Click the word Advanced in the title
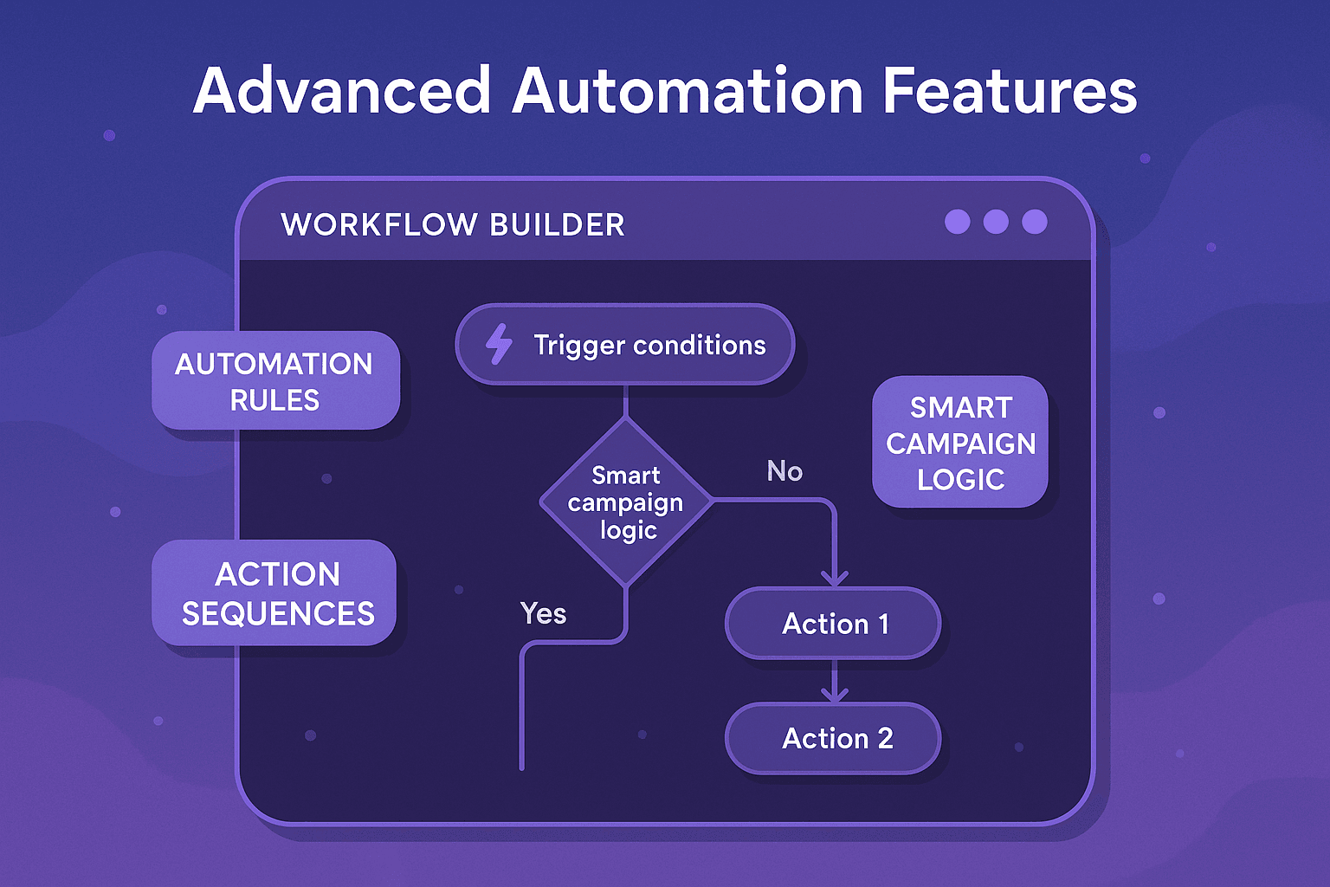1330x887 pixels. (342, 91)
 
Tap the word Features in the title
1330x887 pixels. (1010, 91)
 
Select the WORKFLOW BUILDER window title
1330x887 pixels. (452, 224)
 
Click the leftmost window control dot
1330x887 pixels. (957, 222)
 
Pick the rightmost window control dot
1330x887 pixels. (1035, 222)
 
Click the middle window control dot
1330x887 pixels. (996, 222)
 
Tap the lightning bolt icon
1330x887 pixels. (499, 344)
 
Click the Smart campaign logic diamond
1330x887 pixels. (625, 502)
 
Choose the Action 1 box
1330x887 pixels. (834, 624)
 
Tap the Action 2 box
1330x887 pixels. (834, 738)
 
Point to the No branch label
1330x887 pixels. (784, 471)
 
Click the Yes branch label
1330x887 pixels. (543, 613)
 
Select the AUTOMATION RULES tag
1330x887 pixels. (275, 381)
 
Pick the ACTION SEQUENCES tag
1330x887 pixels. (275, 593)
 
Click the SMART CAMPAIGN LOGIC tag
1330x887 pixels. (960, 443)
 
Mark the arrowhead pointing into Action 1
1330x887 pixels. (834, 579)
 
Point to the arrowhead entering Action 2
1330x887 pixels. (834, 694)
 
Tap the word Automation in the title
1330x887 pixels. (688, 91)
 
